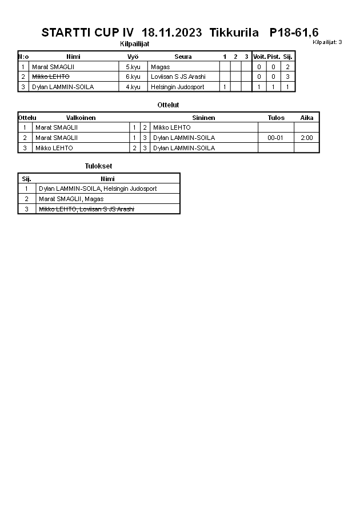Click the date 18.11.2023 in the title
coord(171,33)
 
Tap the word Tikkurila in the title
coord(234,33)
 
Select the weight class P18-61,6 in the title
coord(294,33)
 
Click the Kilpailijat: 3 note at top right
coord(327,42)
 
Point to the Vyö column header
coord(133,57)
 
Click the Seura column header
coord(183,57)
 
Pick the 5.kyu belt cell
coord(133,67)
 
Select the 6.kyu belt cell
coord(133,77)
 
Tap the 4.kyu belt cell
coord(133,87)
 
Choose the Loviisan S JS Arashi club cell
coord(178,77)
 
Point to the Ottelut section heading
coord(168,105)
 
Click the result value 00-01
coord(275,138)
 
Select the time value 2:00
coord(307,138)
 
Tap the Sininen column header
coord(203,118)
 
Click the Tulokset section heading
coord(98,166)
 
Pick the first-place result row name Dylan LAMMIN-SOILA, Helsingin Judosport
coord(98,189)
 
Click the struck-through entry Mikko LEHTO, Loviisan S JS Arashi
coord(86,209)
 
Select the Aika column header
coord(307,118)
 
